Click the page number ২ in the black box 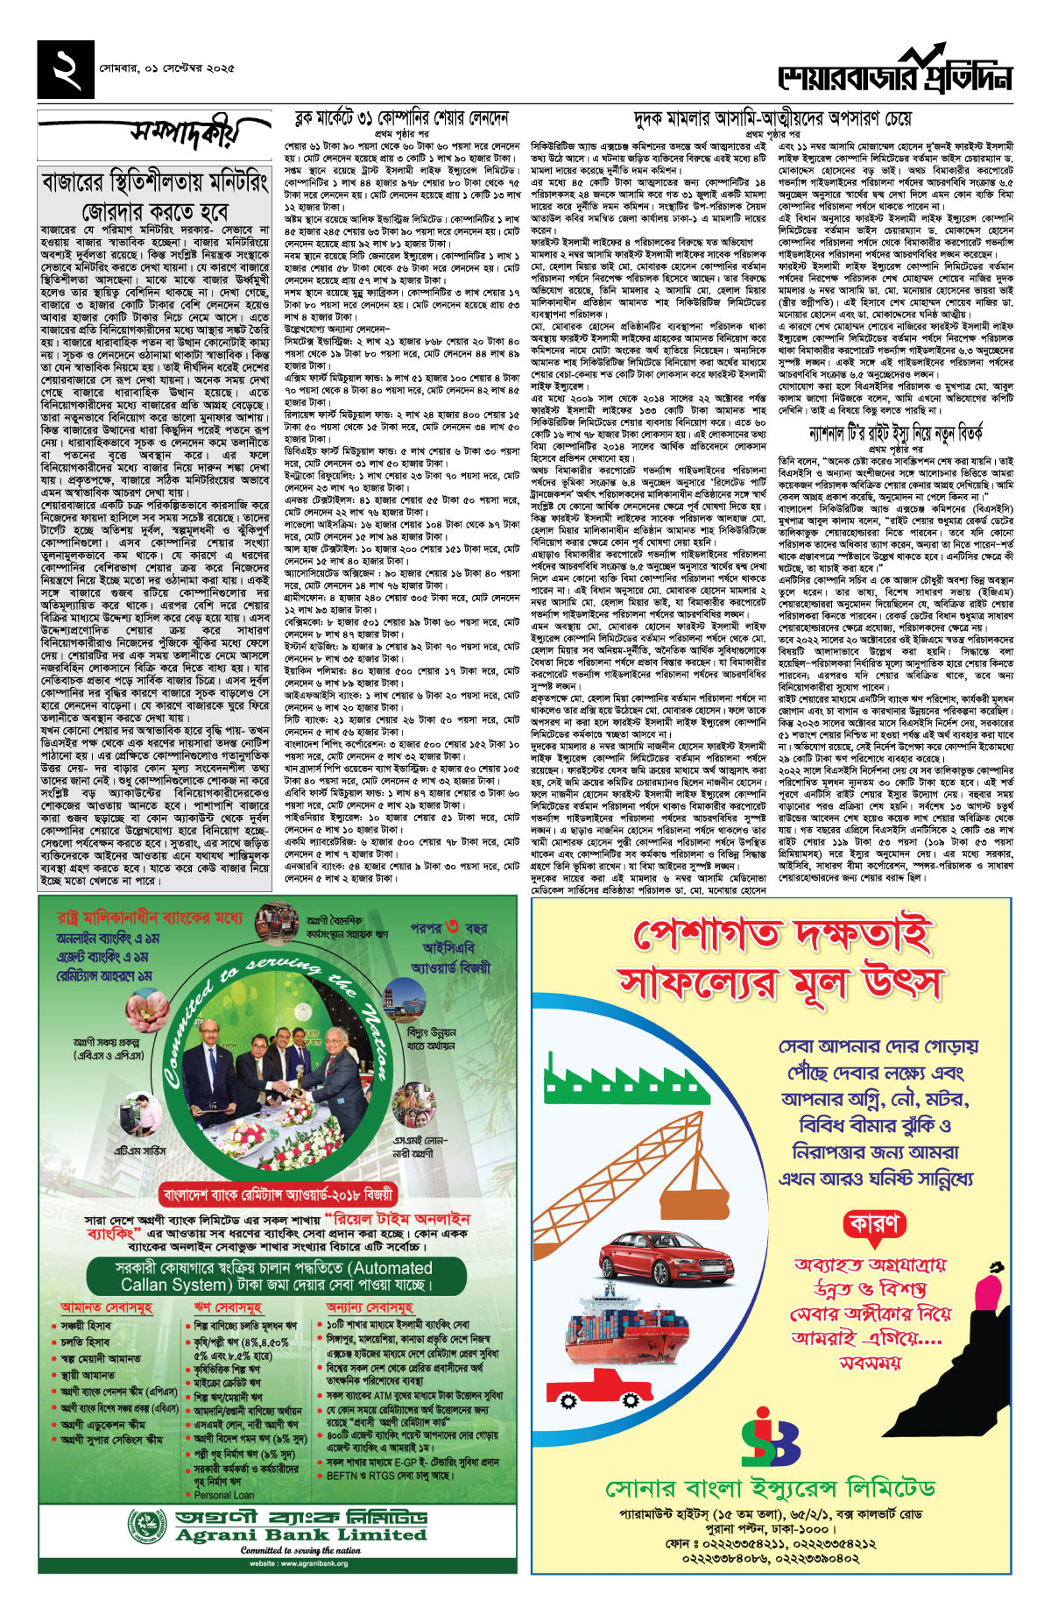coord(66,69)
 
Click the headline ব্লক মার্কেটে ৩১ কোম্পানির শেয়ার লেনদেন coord(401,117)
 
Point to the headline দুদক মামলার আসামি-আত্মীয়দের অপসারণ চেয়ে coord(772,118)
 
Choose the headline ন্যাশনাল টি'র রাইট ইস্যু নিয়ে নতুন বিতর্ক coord(896,433)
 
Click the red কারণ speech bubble coord(873,1223)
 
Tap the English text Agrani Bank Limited coord(300,1534)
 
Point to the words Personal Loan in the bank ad coord(224,1495)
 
